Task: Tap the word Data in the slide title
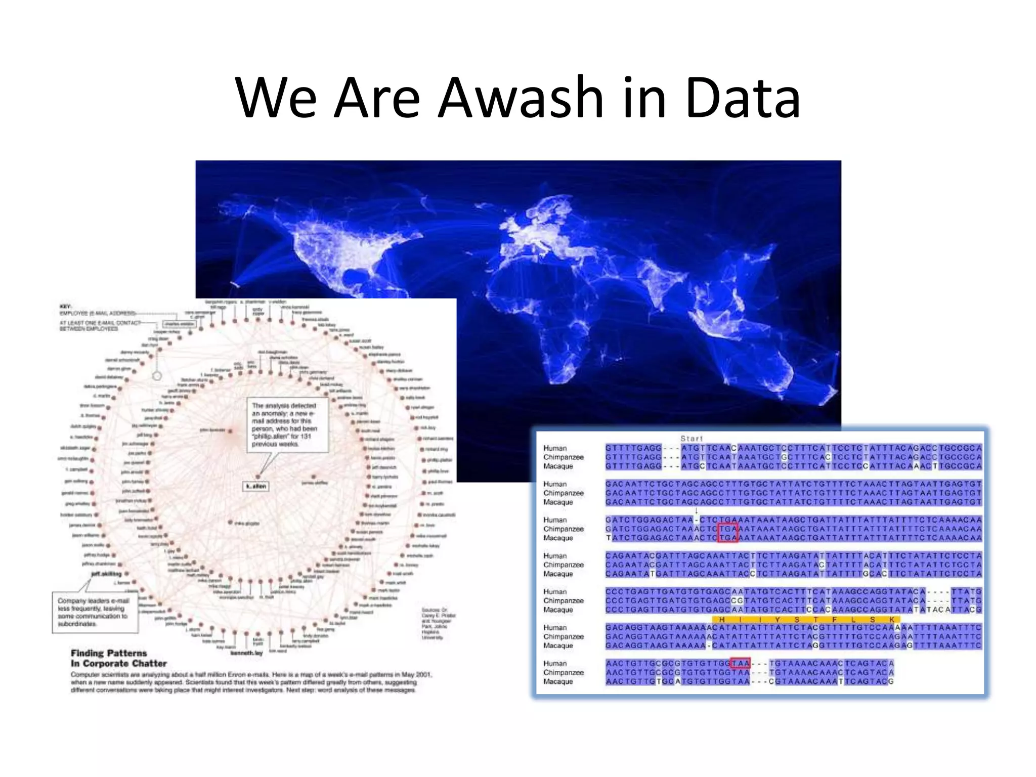(743, 97)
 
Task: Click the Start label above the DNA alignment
(692, 439)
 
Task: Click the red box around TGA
(728, 533)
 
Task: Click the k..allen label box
(256, 486)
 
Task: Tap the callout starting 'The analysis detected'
(287, 425)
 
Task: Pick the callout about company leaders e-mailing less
(95, 612)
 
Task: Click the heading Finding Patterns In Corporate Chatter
(118, 658)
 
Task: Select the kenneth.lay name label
(246, 653)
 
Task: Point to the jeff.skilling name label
(107, 574)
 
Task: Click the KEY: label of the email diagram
(66, 307)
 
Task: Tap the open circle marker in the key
(157, 376)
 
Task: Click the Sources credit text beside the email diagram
(438, 623)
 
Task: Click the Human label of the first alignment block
(555, 448)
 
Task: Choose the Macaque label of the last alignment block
(558, 681)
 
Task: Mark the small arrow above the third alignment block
(697, 511)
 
